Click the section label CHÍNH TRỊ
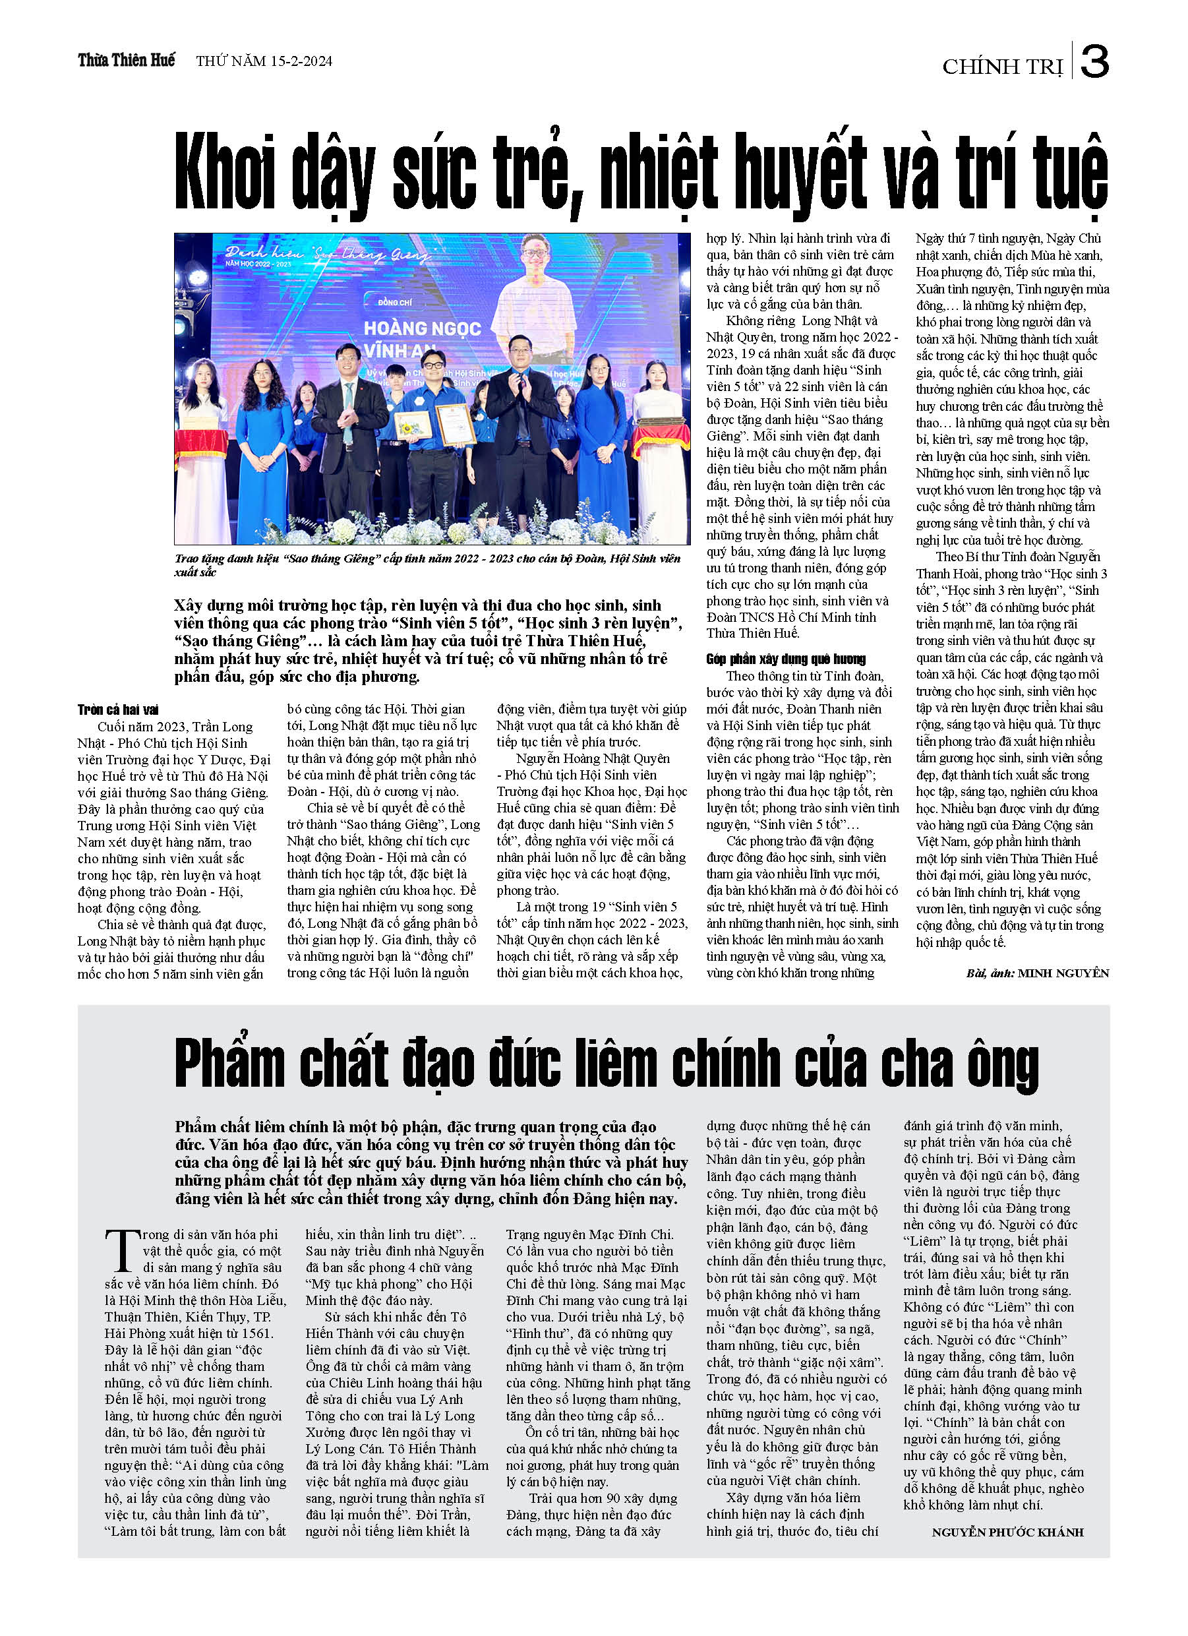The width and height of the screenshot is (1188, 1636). (1002, 67)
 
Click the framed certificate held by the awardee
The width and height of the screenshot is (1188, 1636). (455, 425)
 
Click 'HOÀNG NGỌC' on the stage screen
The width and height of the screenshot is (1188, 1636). (422, 329)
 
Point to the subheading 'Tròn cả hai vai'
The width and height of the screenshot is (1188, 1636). (117, 710)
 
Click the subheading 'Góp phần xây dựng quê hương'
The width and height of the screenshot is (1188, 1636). (785, 659)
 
